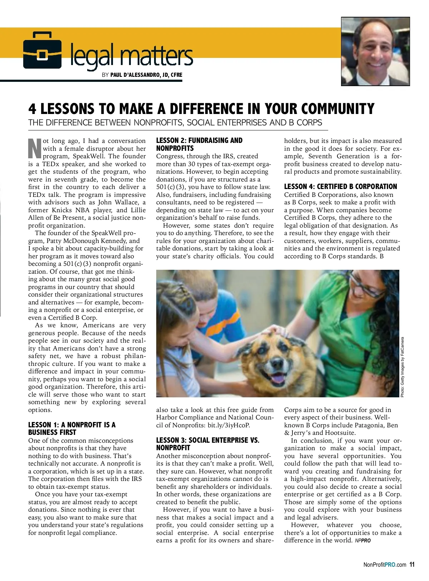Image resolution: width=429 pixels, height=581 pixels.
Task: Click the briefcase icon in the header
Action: click(x=42, y=50)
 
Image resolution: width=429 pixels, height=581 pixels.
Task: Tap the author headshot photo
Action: click(x=375, y=51)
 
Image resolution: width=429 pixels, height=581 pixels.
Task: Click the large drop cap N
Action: click(x=35, y=148)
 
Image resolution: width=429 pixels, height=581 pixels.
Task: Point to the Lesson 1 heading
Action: click(x=71, y=428)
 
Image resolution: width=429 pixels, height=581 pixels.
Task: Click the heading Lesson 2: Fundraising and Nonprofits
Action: click(x=199, y=144)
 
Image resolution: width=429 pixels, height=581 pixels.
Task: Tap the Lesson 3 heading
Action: click(x=208, y=444)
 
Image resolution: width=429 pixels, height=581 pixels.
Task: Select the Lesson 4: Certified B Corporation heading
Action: click(x=340, y=187)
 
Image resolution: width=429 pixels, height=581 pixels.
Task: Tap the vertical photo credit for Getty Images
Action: click(x=402, y=367)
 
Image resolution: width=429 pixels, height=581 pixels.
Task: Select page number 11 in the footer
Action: click(x=412, y=565)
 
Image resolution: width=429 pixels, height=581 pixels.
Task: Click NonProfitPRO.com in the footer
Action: click(x=385, y=565)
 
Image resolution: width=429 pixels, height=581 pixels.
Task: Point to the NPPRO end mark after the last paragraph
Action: click(x=363, y=541)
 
